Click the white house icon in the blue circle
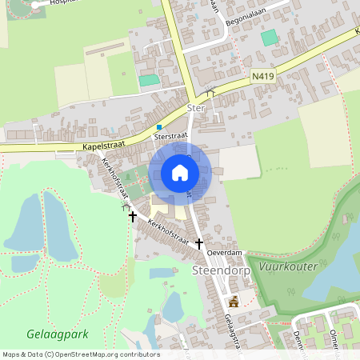coord(180,172)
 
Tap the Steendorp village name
coord(222,271)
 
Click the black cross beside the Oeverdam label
coord(198,242)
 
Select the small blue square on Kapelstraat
coord(159,126)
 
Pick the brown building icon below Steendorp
coord(234,302)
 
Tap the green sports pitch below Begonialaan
coord(269,37)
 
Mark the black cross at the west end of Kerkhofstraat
coord(133,216)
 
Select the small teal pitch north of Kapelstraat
coord(150,80)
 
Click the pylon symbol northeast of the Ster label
coord(210,90)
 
